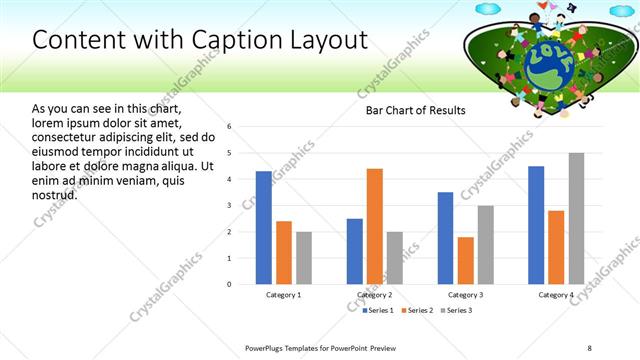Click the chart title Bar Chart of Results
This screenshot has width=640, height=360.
pos(415,111)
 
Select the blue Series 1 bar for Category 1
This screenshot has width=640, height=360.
pos(263,228)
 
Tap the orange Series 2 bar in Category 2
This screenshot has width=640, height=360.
pos(375,226)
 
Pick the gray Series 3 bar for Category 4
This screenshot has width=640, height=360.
pos(576,218)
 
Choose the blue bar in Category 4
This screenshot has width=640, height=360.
pos(536,225)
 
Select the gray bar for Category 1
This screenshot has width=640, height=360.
pos(304,258)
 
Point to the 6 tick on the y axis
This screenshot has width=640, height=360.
pos(230,127)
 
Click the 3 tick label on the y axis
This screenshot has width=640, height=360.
pos(230,205)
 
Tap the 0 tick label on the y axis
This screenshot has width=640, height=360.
pos(230,284)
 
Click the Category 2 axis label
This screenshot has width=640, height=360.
pos(374,295)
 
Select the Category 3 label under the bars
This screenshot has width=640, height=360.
pos(465,295)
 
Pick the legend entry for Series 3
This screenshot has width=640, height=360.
pos(458,310)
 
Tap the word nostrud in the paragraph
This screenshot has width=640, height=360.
pos(54,194)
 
